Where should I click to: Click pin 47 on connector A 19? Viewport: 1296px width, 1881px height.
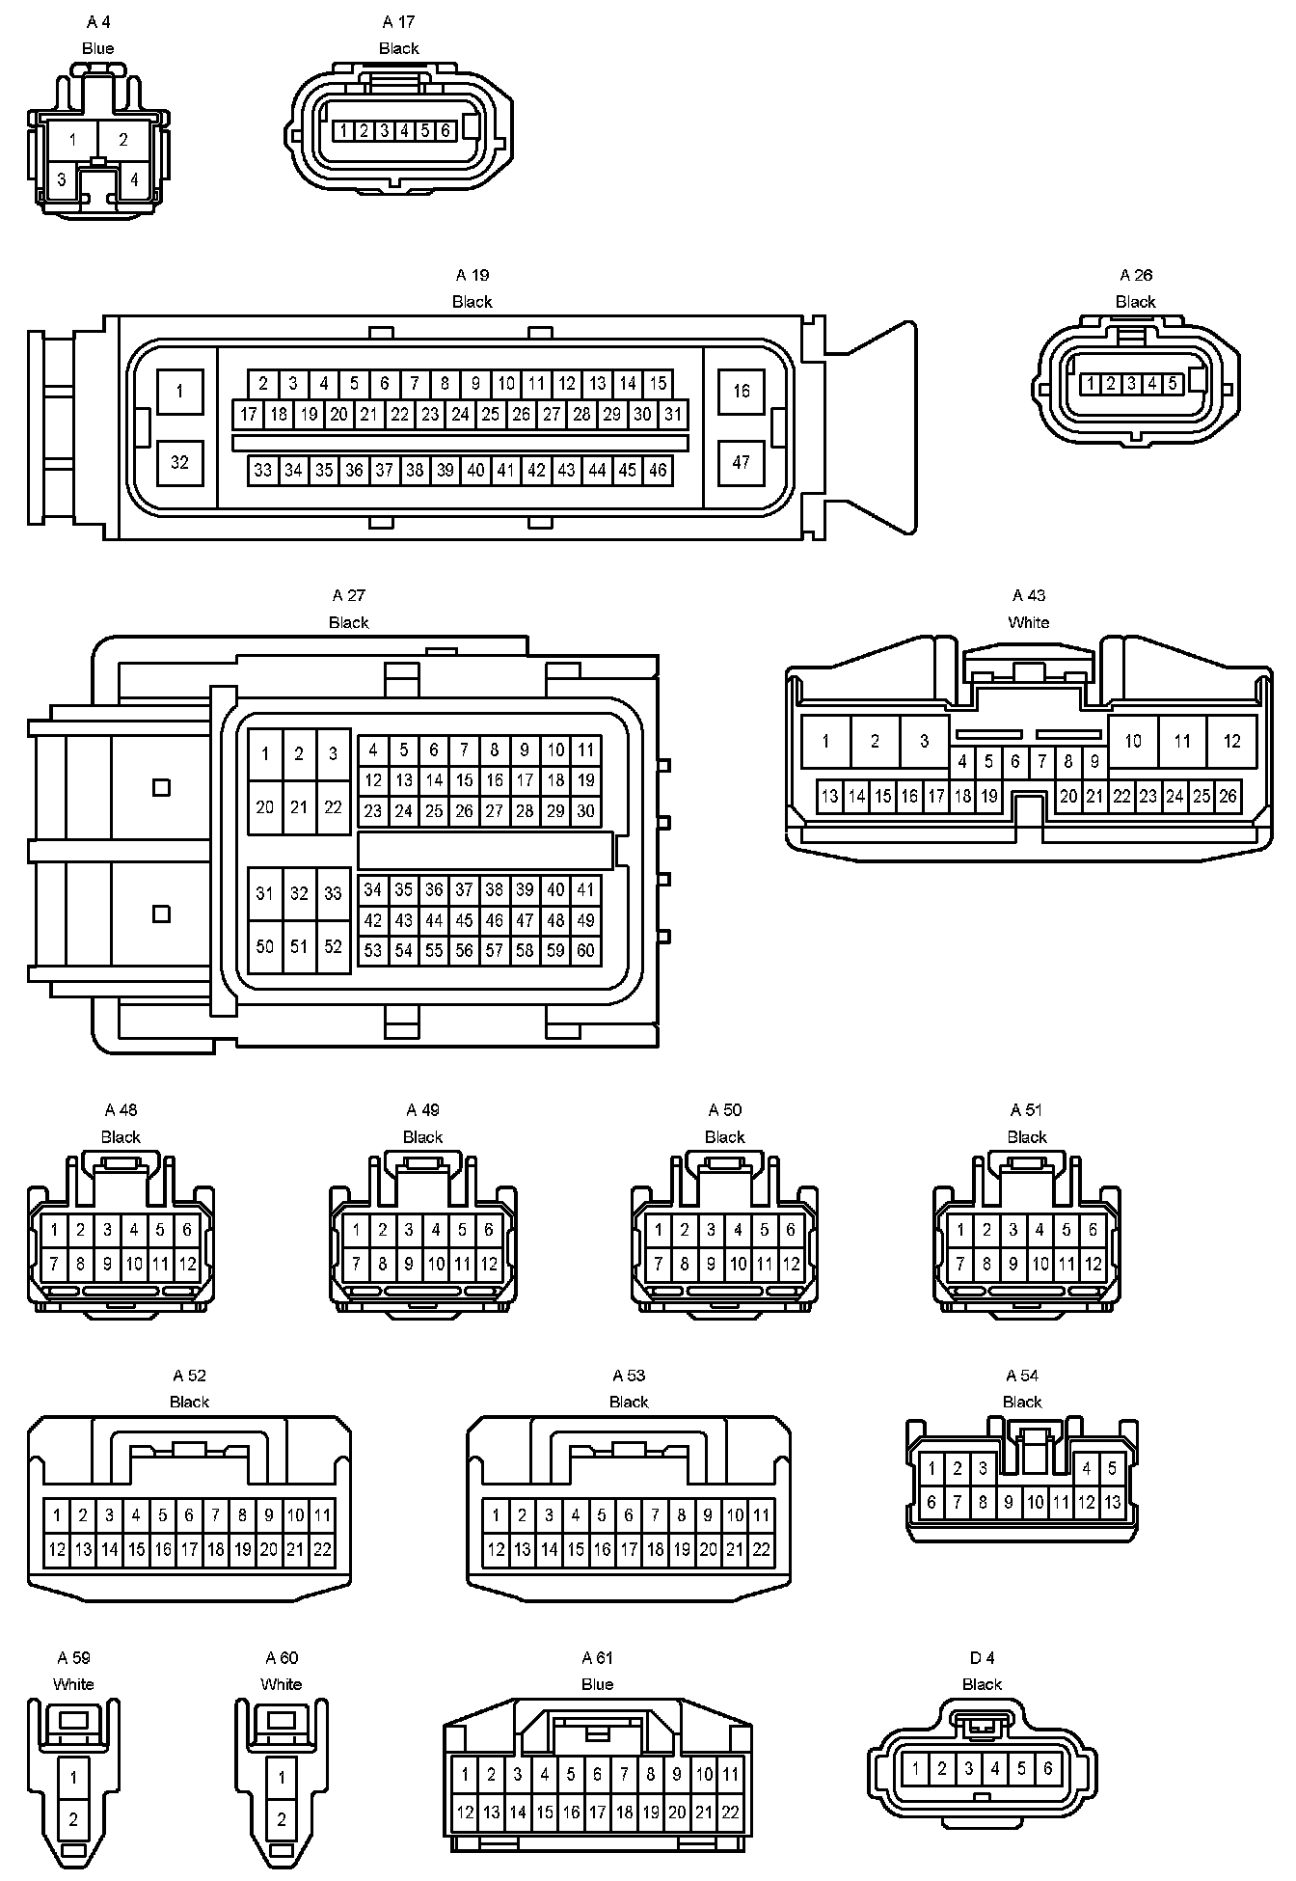(x=741, y=462)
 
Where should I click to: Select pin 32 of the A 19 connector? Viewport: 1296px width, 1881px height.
(x=179, y=462)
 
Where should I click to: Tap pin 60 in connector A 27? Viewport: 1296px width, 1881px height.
(x=585, y=950)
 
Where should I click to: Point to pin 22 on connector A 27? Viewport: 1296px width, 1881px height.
(x=333, y=806)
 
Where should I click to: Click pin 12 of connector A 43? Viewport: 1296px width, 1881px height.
(x=1231, y=741)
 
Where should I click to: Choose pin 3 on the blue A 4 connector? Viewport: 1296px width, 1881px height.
(x=62, y=179)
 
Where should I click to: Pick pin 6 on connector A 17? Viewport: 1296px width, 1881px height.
(x=445, y=130)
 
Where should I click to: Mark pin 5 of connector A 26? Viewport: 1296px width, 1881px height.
(x=1173, y=384)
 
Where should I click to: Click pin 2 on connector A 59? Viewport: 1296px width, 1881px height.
(x=73, y=1819)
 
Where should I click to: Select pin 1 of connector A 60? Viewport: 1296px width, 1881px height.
(x=282, y=1776)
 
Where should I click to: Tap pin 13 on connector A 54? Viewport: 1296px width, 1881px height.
(x=1112, y=1502)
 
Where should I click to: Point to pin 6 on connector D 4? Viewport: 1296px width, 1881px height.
(x=1048, y=1768)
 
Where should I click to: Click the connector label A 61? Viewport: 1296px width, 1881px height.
(x=597, y=1657)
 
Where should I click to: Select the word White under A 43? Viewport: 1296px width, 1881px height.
(x=1028, y=622)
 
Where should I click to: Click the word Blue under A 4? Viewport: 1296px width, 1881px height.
(x=98, y=48)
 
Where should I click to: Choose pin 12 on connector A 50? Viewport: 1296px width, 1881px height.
(x=791, y=1264)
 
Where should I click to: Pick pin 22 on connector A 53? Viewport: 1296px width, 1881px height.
(x=761, y=1550)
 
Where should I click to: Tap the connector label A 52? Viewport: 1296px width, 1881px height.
(x=189, y=1376)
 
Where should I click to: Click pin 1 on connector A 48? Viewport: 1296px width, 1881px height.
(x=55, y=1230)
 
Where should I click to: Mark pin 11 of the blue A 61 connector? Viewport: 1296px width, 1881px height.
(x=731, y=1774)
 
